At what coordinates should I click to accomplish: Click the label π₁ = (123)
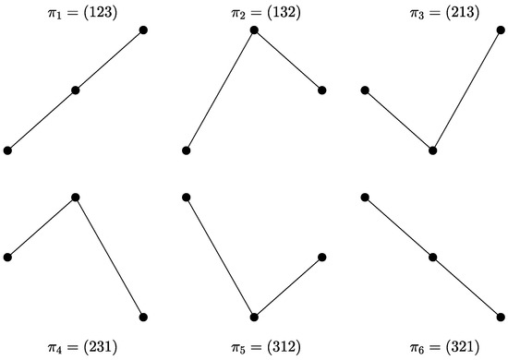tap(76, 13)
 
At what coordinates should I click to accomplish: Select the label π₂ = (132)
tap(254, 13)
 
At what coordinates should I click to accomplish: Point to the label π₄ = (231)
tap(76, 347)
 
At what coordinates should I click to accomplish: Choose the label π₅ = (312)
tap(254, 347)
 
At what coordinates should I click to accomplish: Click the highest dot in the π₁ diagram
tap(144, 30)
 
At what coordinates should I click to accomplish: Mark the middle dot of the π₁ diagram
tap(76, 90)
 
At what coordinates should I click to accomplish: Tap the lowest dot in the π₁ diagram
tap(7, 150)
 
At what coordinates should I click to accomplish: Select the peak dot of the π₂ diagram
tap(254, 30)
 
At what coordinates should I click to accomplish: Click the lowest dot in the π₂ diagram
tap(186, 150)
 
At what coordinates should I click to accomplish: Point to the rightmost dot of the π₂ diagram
tap(322, 90)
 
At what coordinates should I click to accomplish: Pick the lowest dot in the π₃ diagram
tap(432, 150)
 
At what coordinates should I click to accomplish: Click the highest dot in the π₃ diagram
tap(501, 30)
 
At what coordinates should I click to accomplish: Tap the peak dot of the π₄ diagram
tap(76, 197)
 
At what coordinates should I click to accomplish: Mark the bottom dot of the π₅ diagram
tap(254, 317)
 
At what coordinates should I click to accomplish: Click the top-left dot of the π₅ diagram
tap(186, 197)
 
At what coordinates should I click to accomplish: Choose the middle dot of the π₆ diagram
tap(432, 257)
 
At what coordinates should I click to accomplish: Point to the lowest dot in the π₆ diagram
tap(501, 317)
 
